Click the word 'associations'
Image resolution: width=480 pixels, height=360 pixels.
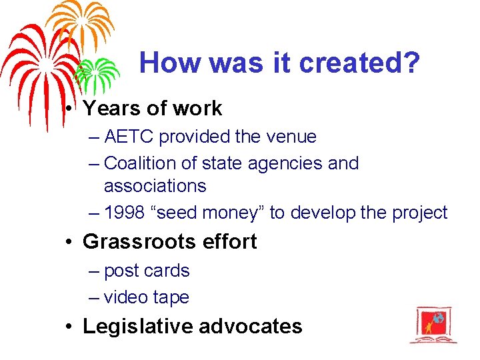[x=155, y=185]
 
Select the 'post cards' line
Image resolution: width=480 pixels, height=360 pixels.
[x=147, y=271]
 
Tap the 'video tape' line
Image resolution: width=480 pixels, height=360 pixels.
[x=147, y=297]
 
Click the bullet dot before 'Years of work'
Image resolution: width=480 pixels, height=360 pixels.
[x=69, y=108]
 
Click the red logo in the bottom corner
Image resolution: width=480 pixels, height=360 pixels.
[x=433, y=325]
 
